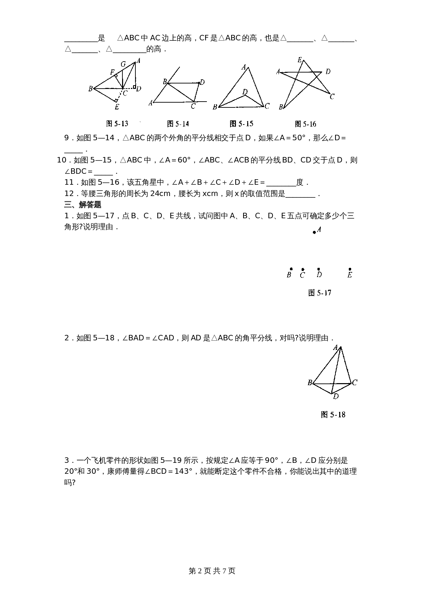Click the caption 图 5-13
click(x=117, y=124)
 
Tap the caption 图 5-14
click(x=178, y=124)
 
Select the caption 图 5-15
click(x=241, y=124)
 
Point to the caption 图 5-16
click(x=305, y=124)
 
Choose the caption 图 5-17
click(x=320, y=293)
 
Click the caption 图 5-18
click(x=333, y=415)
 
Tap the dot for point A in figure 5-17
click(x=315, y=233)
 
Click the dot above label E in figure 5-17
click(x=350, y=269)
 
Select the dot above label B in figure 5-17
click(x=291, y=269)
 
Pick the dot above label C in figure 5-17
click(x=303, y=270)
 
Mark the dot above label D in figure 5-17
click(x=319, y=269)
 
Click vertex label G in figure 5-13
click(x=123, y=64)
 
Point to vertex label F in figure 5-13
click(x=112, y=72)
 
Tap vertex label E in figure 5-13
click(x=117, y=107)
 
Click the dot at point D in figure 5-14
click(x=199, y=83)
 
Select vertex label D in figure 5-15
click(x=245, y=92)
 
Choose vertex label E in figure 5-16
click(x=300, y=60)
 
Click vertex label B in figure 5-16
click(x=281, y=107)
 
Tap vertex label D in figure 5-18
click(x=336, y=396)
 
